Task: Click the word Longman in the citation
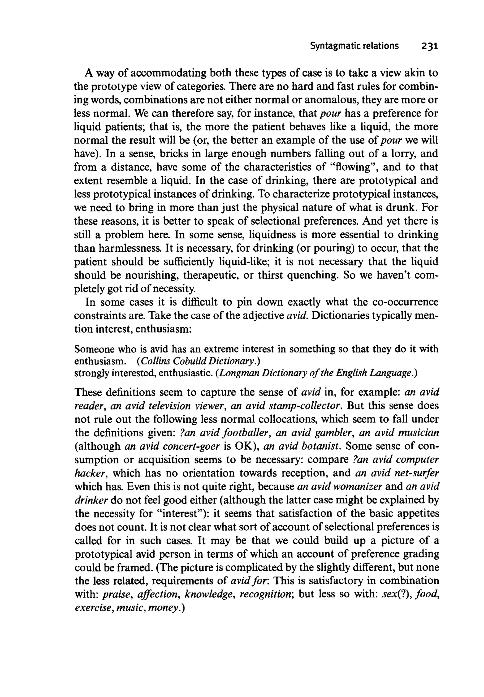click(x=234, y=373)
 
